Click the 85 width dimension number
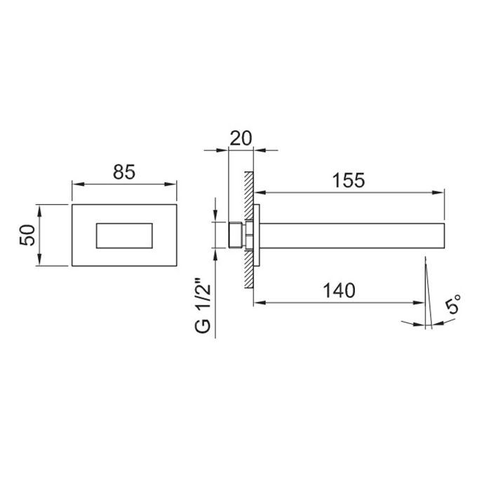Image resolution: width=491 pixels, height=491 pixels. pos(124,172)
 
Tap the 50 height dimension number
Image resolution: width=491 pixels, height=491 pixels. pos(27,235)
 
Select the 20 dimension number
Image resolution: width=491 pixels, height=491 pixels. pos(241,138)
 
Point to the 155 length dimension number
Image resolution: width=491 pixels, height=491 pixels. pos(349,180)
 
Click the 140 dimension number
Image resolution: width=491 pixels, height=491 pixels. pos(339,290)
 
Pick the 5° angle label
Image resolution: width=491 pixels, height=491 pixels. pos(453,304)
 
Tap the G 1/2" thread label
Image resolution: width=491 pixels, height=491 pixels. pos(203,305)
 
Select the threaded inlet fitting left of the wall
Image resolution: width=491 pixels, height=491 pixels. pos(236,235)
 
